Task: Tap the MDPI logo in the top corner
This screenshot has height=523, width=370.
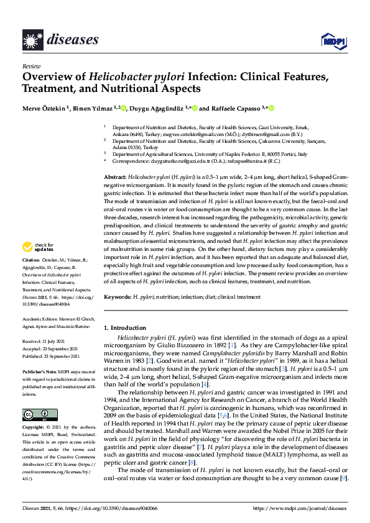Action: coord(330,41)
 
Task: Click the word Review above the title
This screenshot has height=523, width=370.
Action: coord(30,65)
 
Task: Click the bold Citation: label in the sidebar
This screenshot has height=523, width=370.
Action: coord(31,258)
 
